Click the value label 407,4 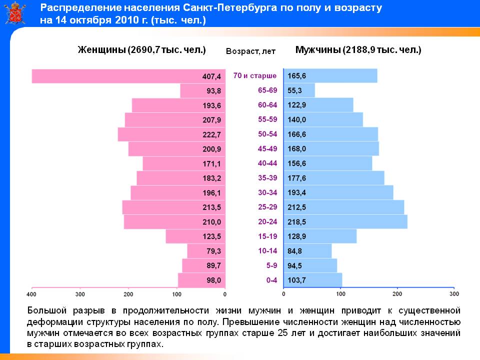(x=211, y=76)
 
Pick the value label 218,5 (x=296, y=221)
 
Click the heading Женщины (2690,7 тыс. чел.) (x=141, y=50)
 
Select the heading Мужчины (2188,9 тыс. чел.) (x=358, y=50)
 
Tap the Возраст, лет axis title (x=250, y=51)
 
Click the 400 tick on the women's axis (x=32, y=294)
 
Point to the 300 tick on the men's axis (x=454, y=294)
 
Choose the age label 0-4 (x=271, y=280)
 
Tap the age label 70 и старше (x=254, y=76)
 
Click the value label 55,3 (x=295, y=91)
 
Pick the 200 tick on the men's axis (x=397, y=294)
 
